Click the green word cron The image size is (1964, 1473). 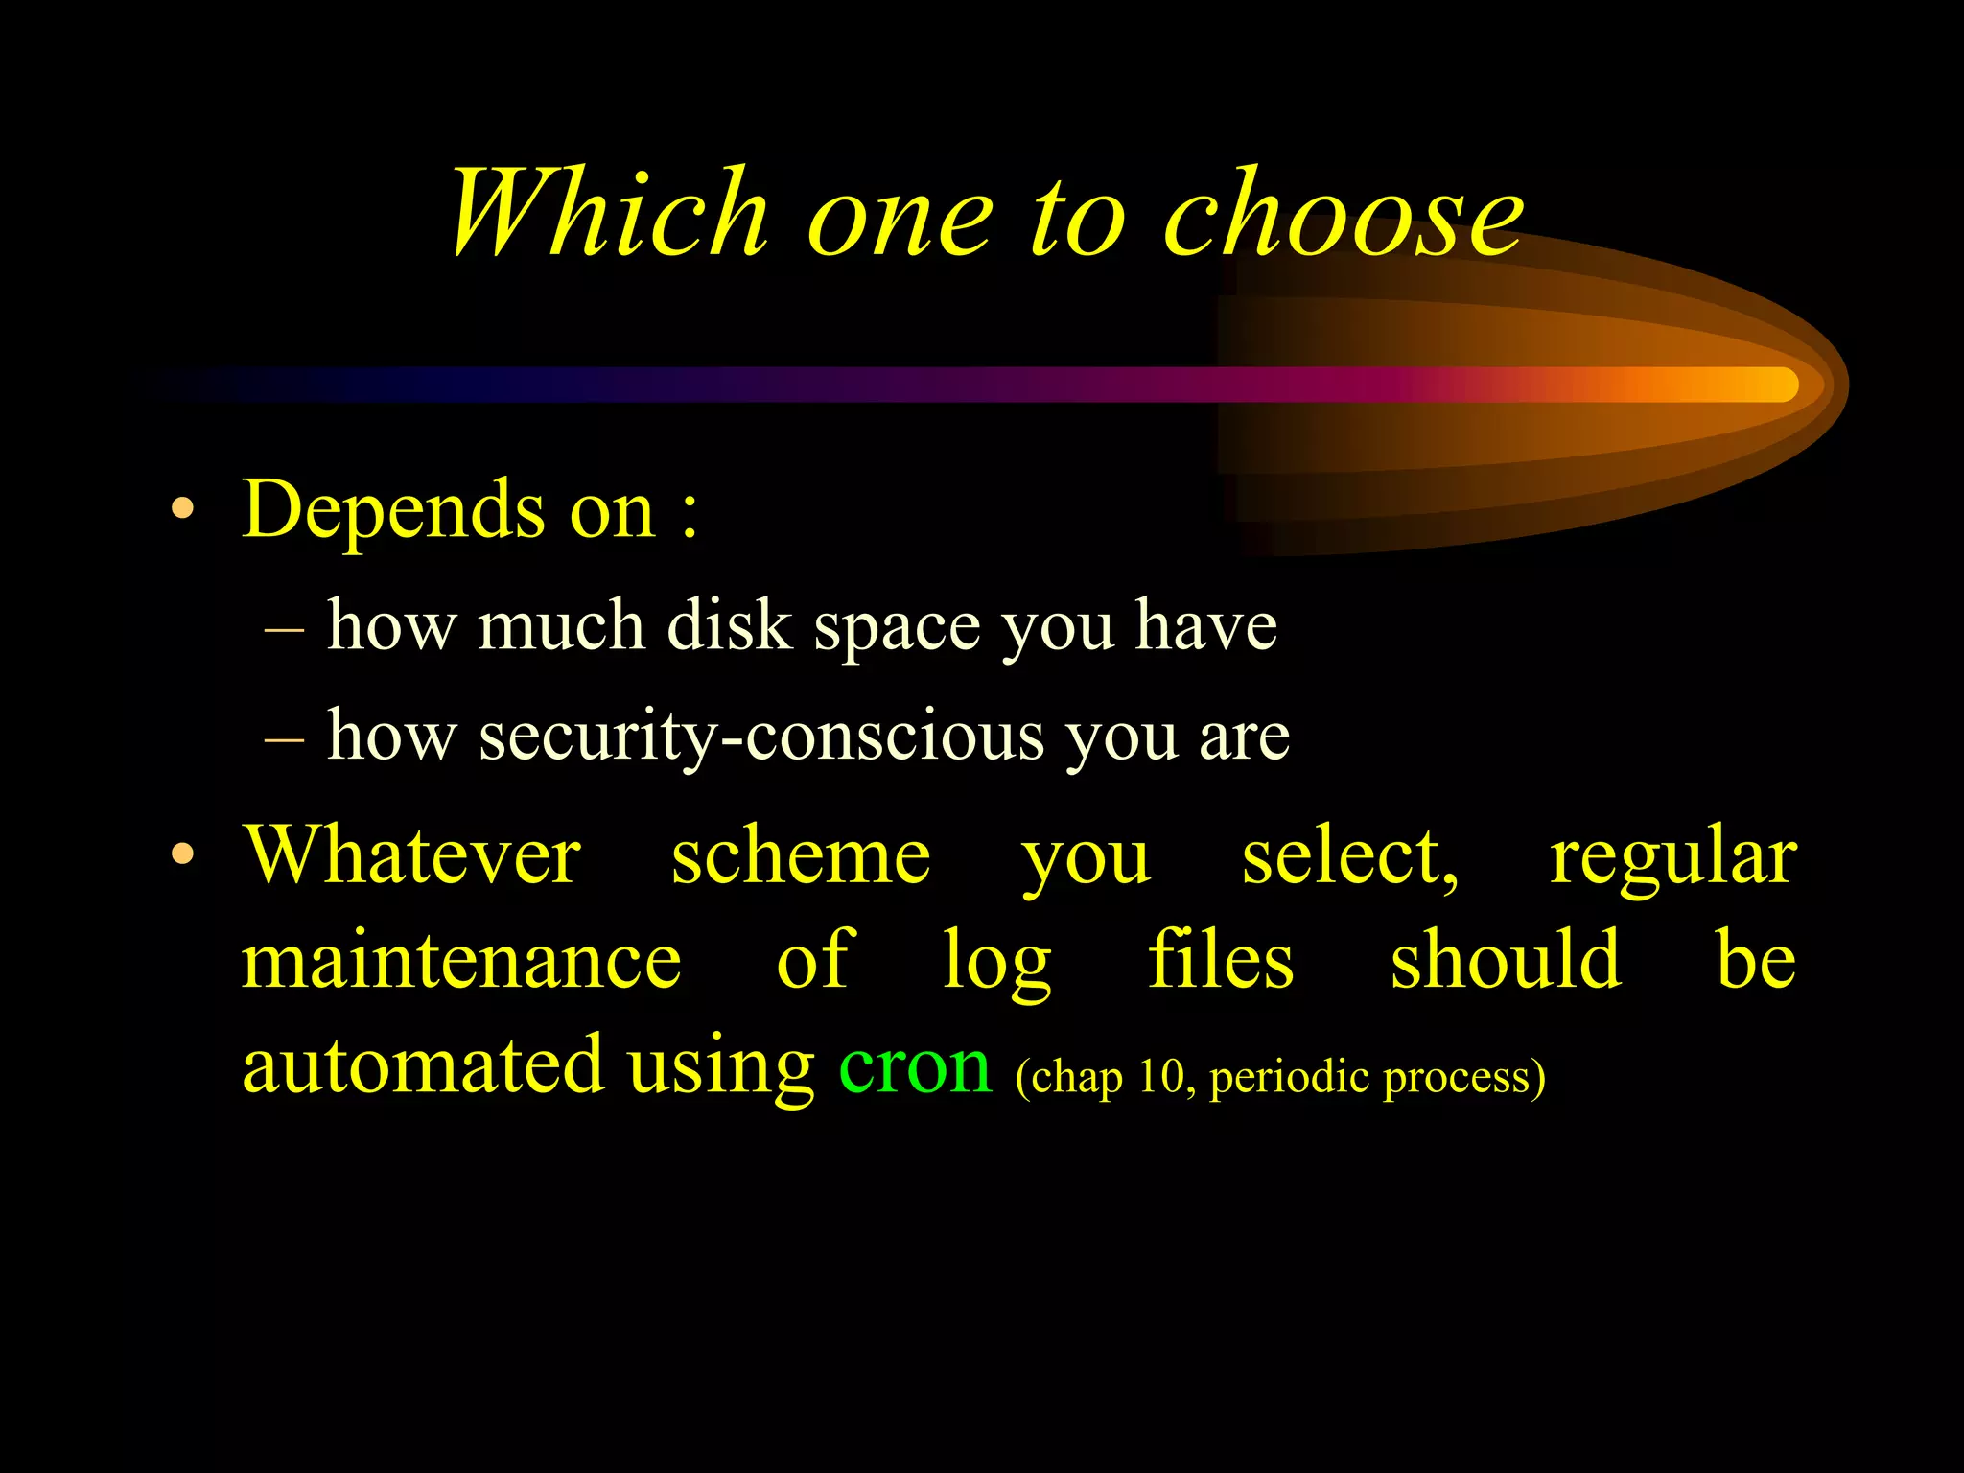click(x=914, y=1066)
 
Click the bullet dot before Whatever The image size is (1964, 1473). click(x=182, y=853)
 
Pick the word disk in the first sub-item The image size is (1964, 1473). click(x=729, y=625)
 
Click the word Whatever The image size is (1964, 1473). click(x=412, y=855)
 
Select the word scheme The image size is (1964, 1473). click(x=801, y=855)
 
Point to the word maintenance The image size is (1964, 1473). click(x=461, y=961)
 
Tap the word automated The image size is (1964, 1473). click(x=423, y=1066)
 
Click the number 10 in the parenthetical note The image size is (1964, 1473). click(x=1161, y=1076)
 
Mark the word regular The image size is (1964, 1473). click(x=1673, y=857)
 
